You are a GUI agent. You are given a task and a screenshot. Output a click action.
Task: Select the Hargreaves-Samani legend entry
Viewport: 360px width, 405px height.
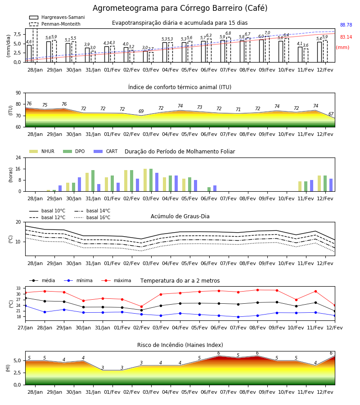57,17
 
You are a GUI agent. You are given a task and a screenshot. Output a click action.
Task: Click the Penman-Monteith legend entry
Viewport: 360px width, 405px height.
55,24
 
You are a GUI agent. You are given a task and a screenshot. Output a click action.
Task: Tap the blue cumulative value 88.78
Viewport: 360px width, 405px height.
346,25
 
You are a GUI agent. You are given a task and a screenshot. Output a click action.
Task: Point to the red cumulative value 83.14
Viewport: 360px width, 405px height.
346,37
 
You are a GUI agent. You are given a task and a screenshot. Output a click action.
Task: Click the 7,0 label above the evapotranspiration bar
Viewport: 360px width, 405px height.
267,33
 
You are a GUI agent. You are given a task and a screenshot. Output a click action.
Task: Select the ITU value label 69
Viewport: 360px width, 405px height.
141,111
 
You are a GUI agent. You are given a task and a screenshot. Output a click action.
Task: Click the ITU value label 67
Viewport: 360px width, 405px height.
331,114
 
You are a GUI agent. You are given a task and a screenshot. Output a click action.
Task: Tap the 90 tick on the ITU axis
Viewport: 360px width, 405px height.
18,93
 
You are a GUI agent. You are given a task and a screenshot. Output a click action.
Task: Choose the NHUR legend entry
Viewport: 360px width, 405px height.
42,151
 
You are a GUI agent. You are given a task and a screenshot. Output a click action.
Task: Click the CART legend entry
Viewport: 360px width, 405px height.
106,151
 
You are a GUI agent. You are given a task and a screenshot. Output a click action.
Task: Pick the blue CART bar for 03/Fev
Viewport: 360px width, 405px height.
157,182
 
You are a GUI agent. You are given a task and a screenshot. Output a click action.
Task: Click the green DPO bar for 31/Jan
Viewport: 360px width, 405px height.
93,181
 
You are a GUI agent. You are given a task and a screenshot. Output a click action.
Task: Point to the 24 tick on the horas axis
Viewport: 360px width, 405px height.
18,157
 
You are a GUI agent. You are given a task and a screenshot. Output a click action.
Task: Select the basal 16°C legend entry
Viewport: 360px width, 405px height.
92,217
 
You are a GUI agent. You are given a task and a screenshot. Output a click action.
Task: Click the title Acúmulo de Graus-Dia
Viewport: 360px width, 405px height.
180,216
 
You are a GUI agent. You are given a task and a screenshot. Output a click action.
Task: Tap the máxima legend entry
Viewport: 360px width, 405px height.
116,280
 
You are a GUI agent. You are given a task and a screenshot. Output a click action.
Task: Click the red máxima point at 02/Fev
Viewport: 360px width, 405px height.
141,306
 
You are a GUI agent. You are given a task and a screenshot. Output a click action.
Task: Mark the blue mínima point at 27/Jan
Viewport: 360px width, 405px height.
26,306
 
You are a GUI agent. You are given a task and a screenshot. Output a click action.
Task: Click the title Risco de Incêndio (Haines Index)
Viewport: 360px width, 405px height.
180,345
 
